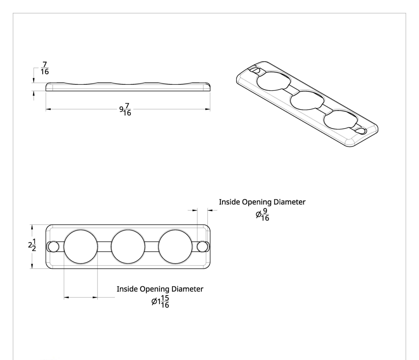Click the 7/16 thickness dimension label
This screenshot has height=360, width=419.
pos(45,68)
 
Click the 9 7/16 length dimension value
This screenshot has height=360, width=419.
pos(125,109)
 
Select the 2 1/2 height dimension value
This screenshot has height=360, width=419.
pos(32,245)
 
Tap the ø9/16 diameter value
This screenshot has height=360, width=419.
pos(262,215)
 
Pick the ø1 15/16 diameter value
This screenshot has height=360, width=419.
pos(160,302)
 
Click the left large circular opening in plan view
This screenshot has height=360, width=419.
pos(81,247)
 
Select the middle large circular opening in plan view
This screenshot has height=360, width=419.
pos(128,247)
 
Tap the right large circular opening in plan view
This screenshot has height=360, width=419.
pos(175,247)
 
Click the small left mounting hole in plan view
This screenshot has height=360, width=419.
pos(53,247)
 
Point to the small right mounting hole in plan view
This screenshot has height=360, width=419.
pos(202,247)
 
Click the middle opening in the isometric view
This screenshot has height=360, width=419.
pos(307,100)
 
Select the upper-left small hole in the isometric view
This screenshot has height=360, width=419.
pos(255,70)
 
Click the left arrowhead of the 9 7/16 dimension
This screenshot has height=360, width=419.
pos(48,109)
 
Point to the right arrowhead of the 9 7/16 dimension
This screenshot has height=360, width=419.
pos(207,109)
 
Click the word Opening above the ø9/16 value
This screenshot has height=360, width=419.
pos(257,202)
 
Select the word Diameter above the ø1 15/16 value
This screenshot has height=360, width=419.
pos(187,289)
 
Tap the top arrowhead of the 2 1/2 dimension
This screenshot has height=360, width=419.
pos(32,227)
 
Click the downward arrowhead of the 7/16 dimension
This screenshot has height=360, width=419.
pos(34,80)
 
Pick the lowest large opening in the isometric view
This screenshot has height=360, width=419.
pos(340,120)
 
